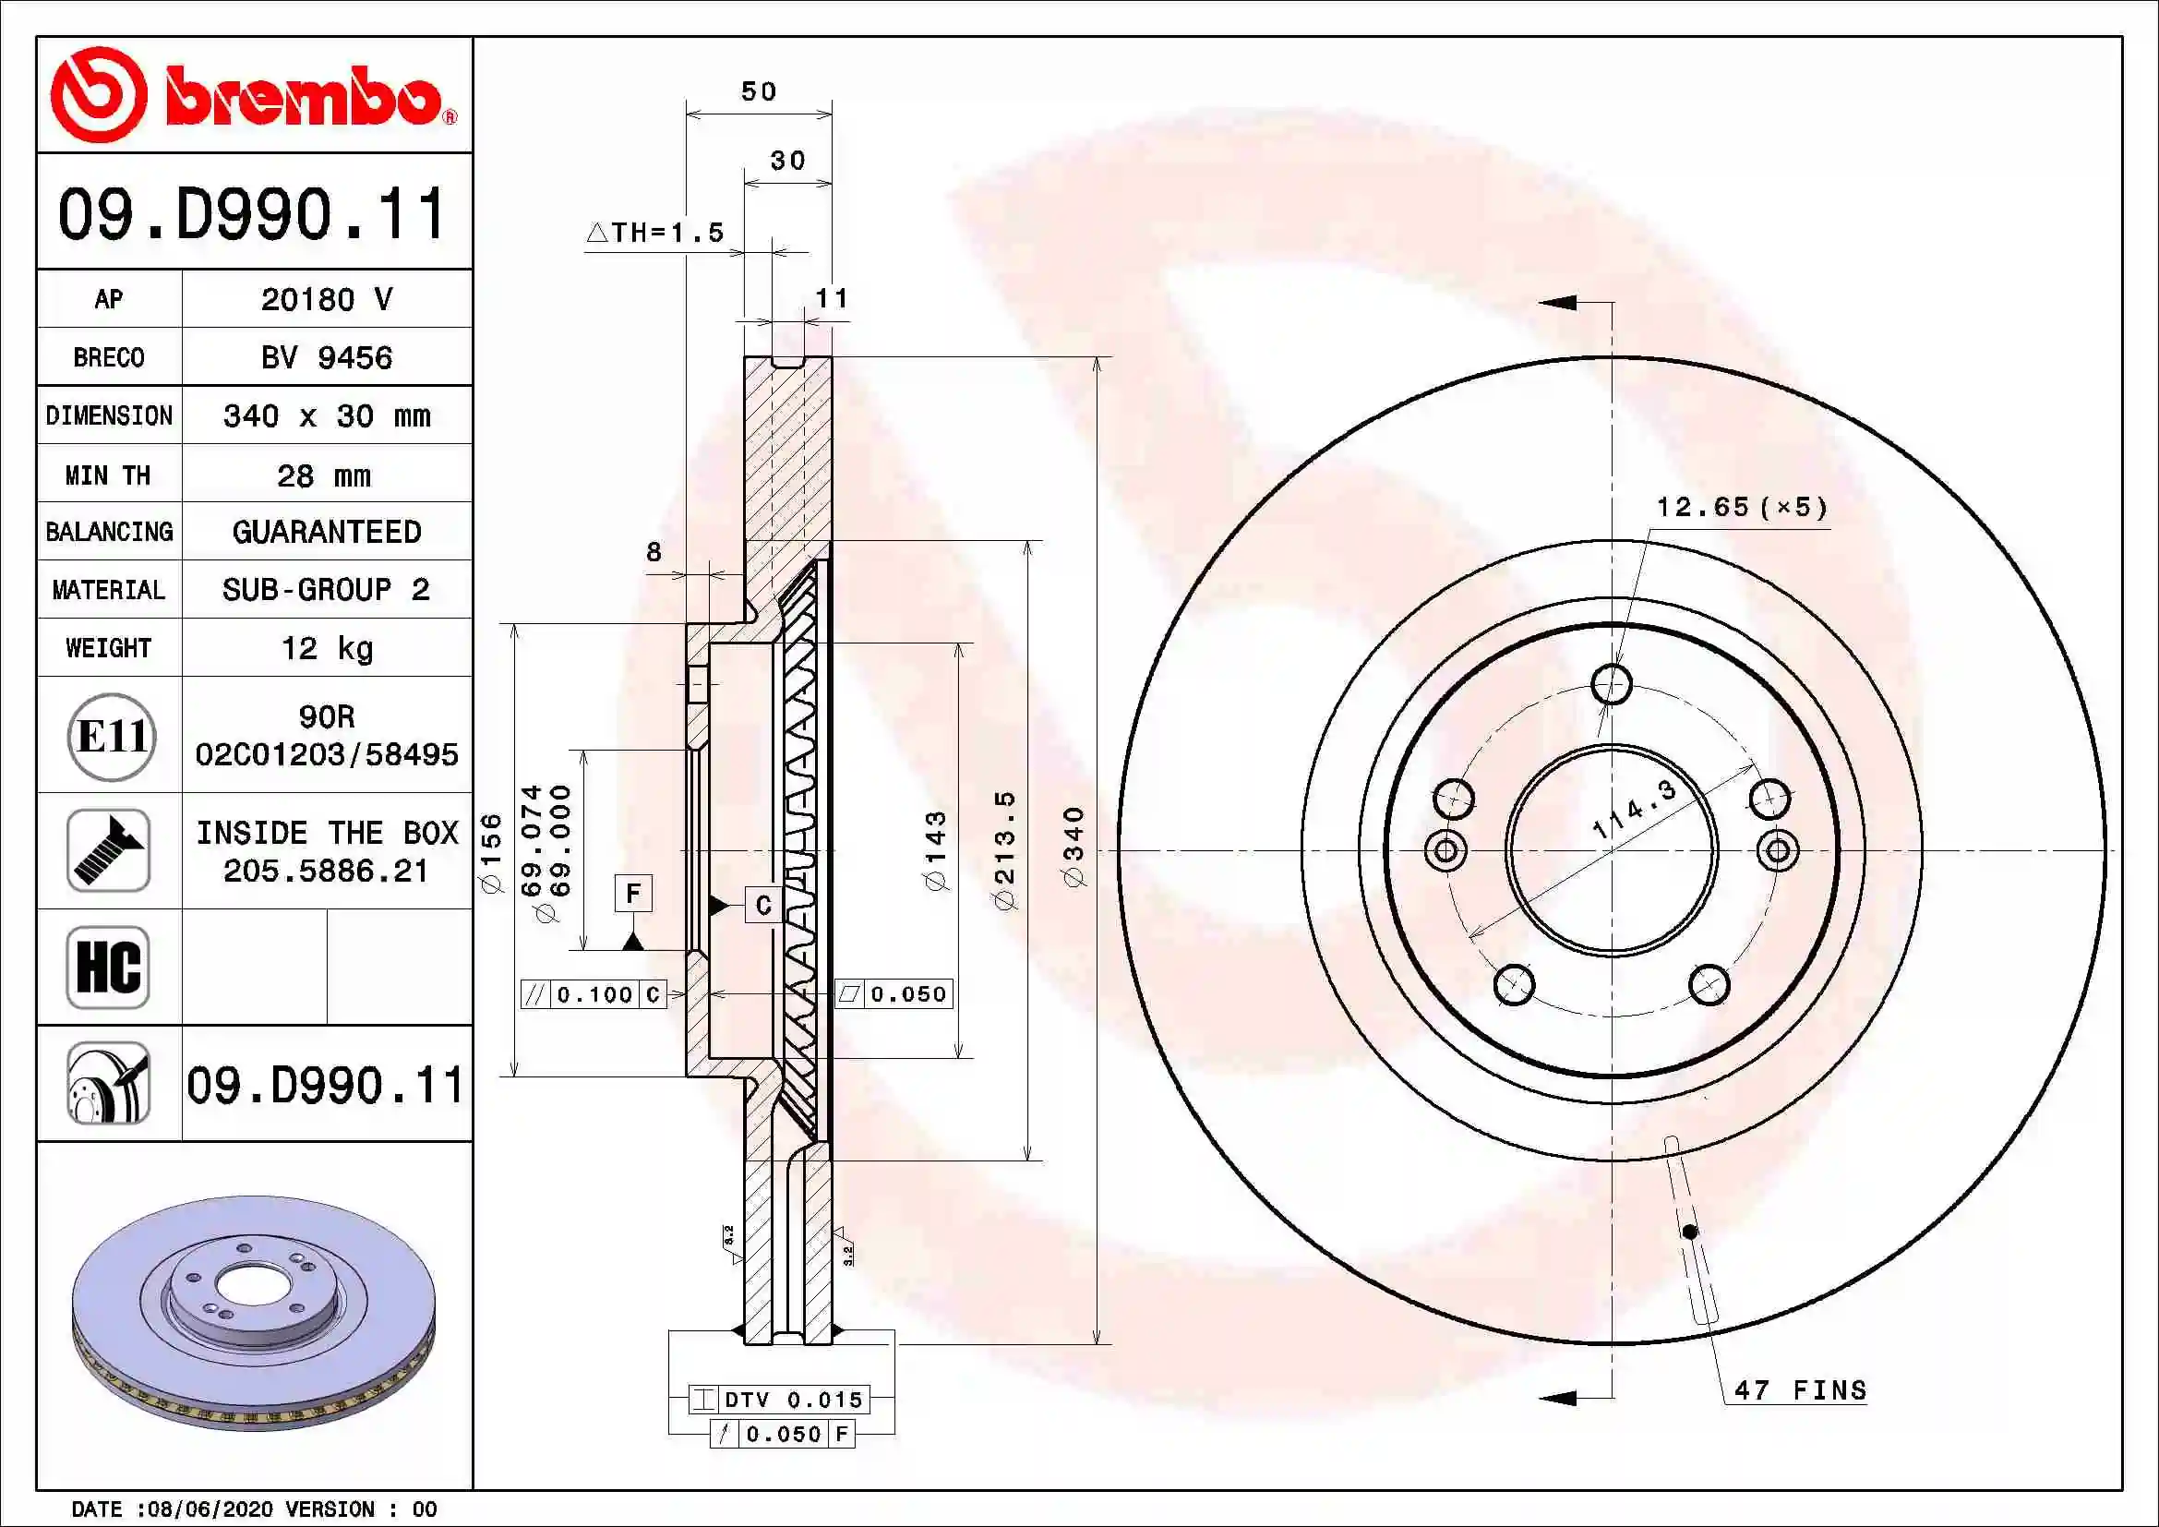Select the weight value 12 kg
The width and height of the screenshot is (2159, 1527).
(326, 648)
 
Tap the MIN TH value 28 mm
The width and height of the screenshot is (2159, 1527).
(323, 475)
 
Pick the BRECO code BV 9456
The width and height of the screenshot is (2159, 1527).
(326, 357)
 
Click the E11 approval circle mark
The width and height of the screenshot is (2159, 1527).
(111, 736)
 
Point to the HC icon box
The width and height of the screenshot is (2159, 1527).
(108, 967)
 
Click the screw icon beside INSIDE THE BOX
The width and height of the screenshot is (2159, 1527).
(108, 850)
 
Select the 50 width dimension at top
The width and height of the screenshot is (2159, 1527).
(759, 92)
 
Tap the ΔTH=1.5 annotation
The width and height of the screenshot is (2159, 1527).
(655, 233)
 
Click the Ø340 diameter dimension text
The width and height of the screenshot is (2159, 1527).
(1074, 847)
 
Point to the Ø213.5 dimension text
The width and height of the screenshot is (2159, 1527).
(1005, 850)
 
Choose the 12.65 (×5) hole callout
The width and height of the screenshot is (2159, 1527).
(1742, 508)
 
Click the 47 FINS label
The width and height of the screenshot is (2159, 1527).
(1800, 1389)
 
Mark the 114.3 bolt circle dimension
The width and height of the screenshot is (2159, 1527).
(1635, 810)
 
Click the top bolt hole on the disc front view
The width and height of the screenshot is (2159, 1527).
(1612, 683)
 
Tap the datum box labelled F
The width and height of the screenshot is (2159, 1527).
(633, 893)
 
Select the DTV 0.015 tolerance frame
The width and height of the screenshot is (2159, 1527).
(779, 1399)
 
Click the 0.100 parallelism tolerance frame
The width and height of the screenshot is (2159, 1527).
(594, 994)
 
